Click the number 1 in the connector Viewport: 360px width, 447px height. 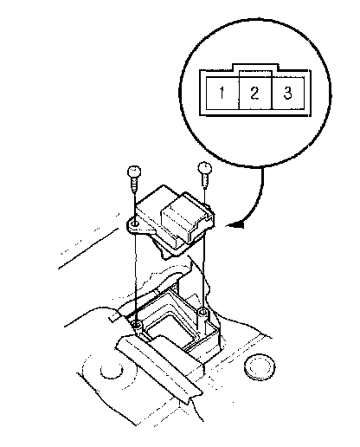click(x=222, y=93)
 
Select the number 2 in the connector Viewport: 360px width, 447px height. click(x=254, y=93)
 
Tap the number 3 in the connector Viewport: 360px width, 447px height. click(x=287, y=93)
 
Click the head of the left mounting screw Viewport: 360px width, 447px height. click(x=134, y=172)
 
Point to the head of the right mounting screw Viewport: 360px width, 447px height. click(x=205, y=168)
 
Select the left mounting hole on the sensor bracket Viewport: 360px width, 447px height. click(x=135, y=223)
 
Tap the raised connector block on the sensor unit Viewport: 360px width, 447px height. click(x=183, y=219)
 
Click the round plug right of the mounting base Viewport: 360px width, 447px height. click(x=260, y=367)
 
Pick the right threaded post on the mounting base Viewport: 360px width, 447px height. click(x=203, y=319)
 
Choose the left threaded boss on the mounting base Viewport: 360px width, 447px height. click(x=138, y=327)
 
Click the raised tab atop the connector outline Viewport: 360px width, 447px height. click(x=256, y=68)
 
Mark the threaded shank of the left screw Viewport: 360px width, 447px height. click(x=134, y=185)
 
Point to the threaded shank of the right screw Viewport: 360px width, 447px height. click(x=204, y=180)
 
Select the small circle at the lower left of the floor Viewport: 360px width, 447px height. click(x=112, y=371)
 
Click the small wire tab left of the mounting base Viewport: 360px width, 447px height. click(x=114, y=317)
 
